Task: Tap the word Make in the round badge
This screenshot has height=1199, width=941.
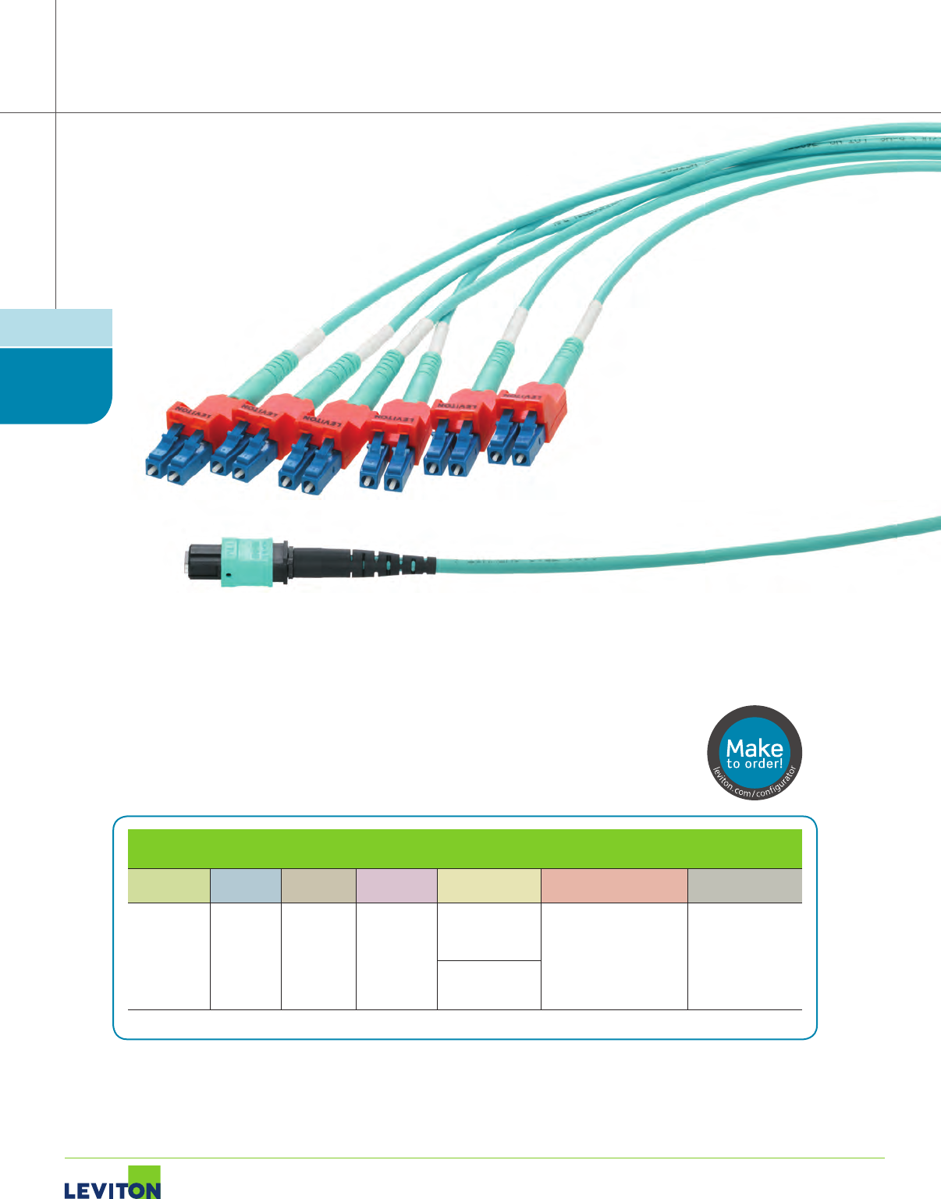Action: (754, 747)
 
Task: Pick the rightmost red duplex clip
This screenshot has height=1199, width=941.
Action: (535, 401)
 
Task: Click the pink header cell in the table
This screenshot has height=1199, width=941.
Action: (396, 885)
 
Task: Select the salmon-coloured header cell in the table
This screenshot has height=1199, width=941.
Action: (614, 885)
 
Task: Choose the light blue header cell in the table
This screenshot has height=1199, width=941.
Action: (245, 885)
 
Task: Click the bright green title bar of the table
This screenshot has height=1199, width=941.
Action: (464, 848)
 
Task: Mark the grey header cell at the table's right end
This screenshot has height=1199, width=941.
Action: (744, 885)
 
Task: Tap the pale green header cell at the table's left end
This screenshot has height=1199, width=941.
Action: (169, 885)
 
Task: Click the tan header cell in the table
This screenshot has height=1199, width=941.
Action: (318, 885)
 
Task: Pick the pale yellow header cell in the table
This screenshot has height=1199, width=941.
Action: (488, 885)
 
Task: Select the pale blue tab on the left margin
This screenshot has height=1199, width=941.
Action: (56, 328)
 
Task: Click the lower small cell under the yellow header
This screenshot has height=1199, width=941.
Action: (488, 985)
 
